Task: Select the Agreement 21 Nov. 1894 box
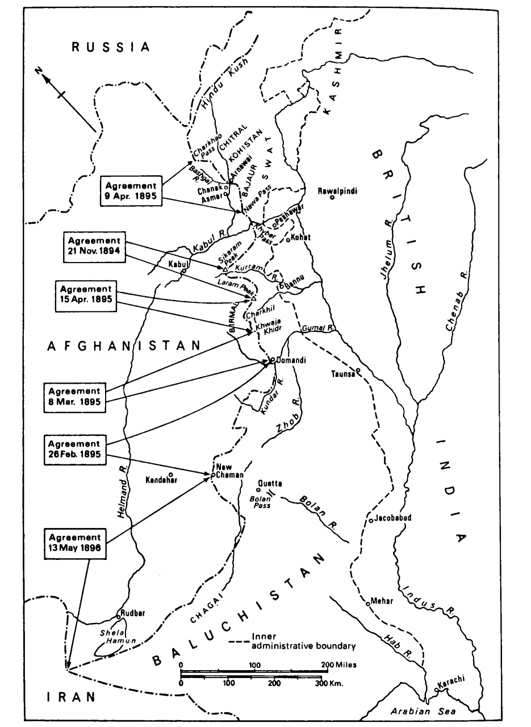[x=94, y=247]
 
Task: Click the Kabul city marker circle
[x=183, y=272]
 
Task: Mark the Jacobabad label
[x=391, y=518]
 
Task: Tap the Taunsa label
[x=344, y=374]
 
